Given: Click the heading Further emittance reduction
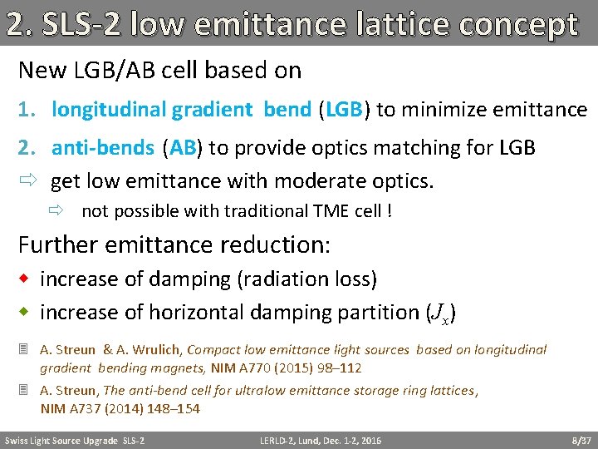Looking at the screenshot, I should tap(174, 245).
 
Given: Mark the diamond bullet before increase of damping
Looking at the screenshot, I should tap(26, 279).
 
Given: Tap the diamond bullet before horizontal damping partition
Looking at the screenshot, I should tap(26, 313).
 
